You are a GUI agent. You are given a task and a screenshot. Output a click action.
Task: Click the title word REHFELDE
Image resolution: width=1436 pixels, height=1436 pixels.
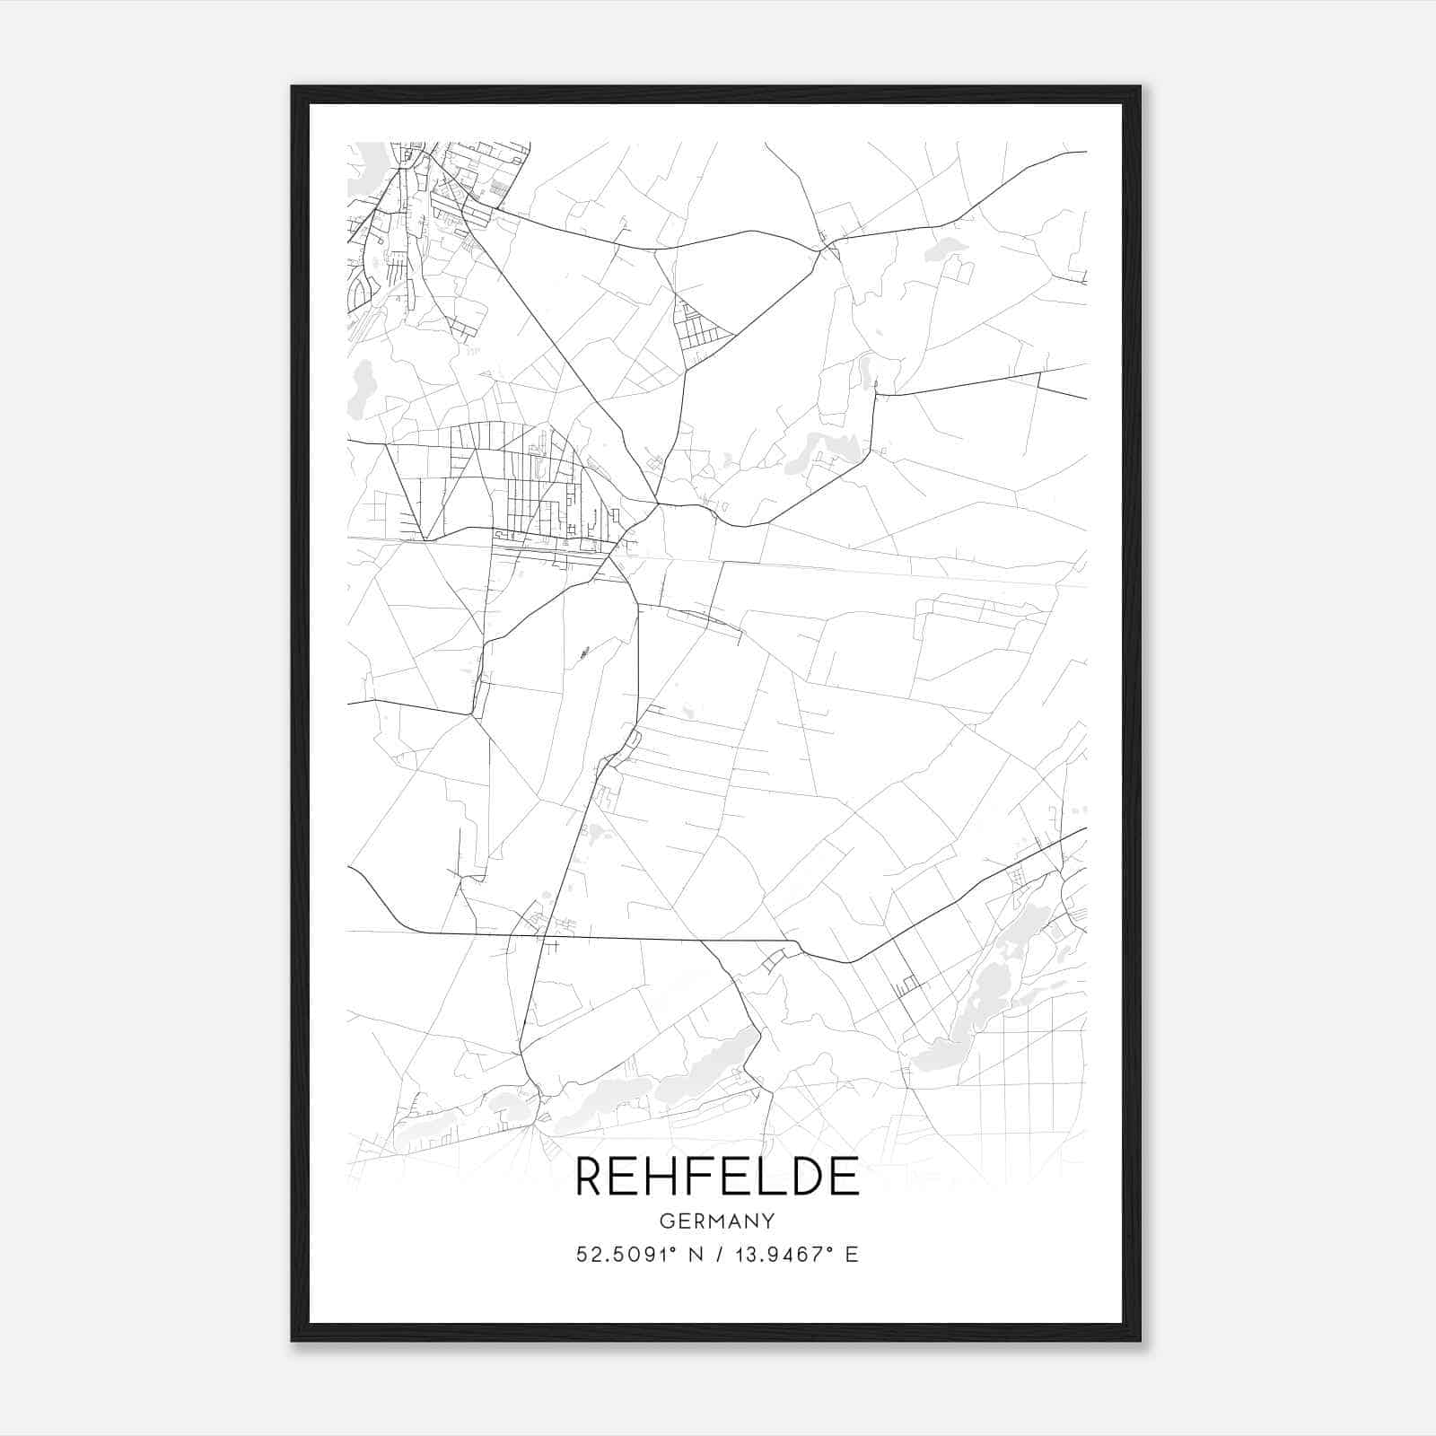pyautogui.click(x=717, y=1176)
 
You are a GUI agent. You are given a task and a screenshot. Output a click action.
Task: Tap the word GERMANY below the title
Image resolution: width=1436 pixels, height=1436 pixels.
pyautogui.click(x=717, y=1221)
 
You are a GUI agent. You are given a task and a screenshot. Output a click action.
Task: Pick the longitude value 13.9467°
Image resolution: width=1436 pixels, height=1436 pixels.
pyautogui.click(x=776, y=1255)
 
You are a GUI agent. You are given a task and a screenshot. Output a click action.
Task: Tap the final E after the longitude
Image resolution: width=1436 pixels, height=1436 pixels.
pyautogui.click(x=852, y=1255)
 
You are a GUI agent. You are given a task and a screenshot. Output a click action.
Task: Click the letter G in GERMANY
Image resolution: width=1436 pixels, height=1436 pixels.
pyautogui.click(x=665, y=1221)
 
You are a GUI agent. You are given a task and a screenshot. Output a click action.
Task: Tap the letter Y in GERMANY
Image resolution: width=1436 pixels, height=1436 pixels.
pyautogui.click(x=769, y=1221)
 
